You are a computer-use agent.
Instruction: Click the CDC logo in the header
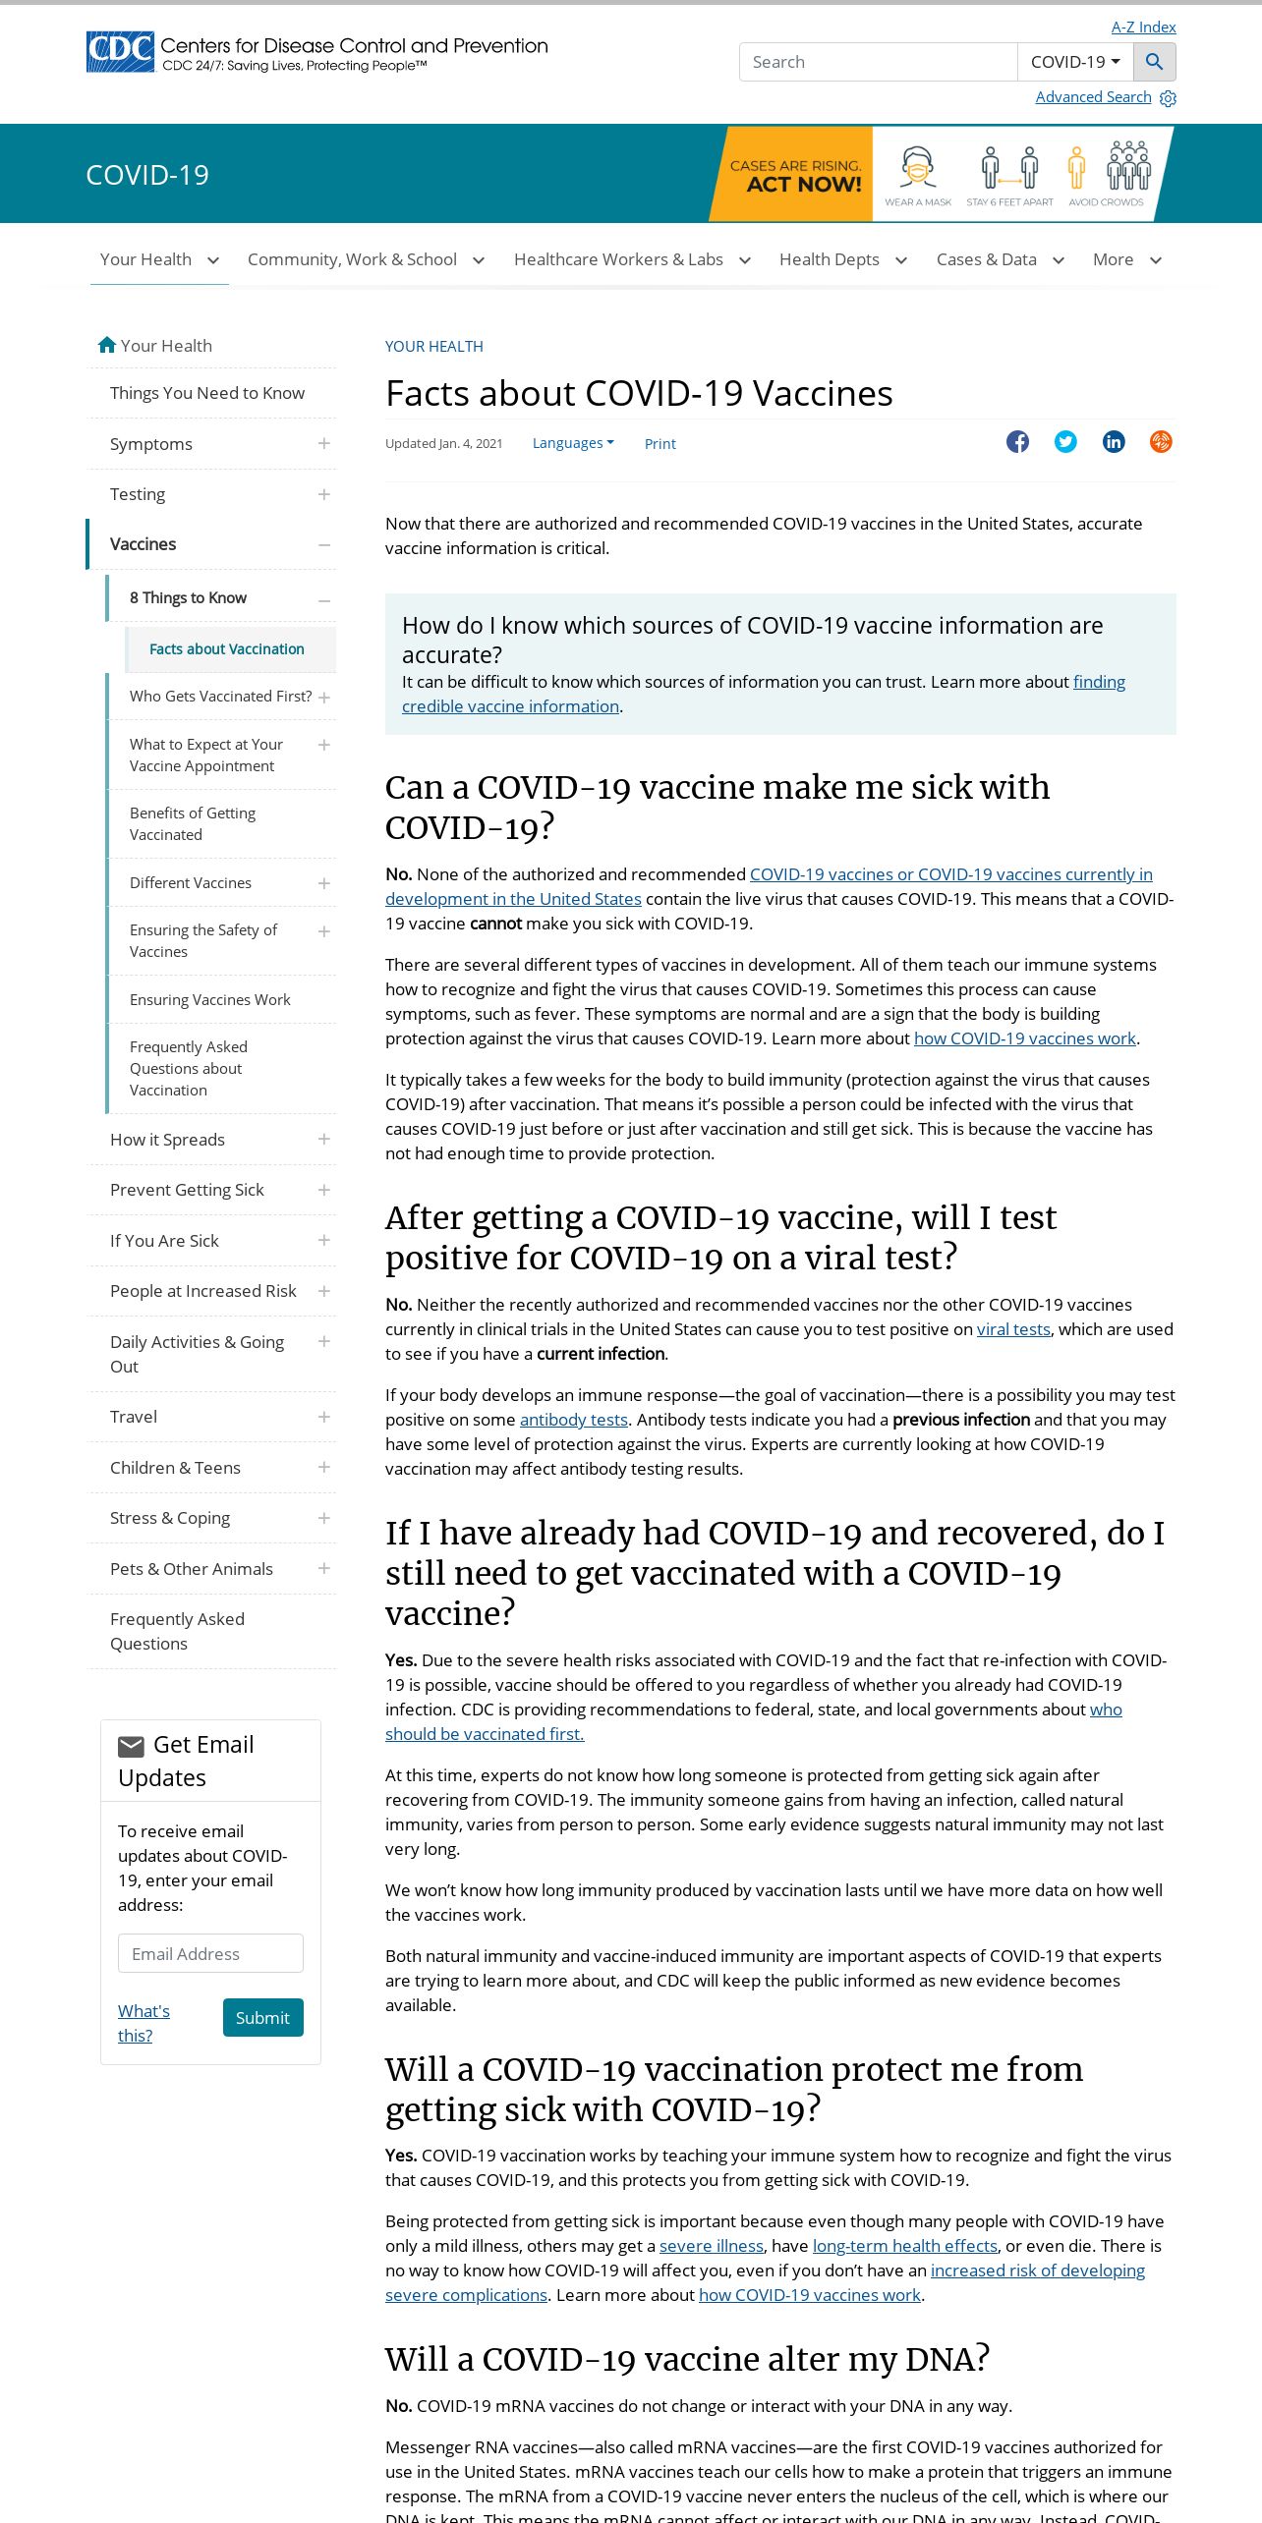(120, 52)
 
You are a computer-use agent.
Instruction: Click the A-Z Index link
(1143, 28)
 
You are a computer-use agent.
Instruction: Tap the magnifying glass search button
(1154, 62)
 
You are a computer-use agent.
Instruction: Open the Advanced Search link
(1093, 97)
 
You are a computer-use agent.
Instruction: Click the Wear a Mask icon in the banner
(917, 173)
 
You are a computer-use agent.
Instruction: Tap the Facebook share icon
(1017, 442)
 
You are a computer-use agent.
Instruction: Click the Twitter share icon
(1065, 442)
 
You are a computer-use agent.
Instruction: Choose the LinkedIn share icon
(1114, 442)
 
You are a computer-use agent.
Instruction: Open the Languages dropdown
(572, 443)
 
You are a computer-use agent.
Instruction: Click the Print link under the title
(660, 444)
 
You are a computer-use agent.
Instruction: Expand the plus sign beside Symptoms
(324, 444)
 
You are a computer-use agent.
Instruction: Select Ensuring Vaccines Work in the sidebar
(209, 1000)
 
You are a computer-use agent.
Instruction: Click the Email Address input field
(210, 1954)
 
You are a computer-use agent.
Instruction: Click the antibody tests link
(573, 1420)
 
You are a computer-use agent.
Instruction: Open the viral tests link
(1013, 1329)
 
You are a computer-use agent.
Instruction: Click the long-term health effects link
(904, 2246)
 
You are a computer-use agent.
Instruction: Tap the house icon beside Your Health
(107, 345)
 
